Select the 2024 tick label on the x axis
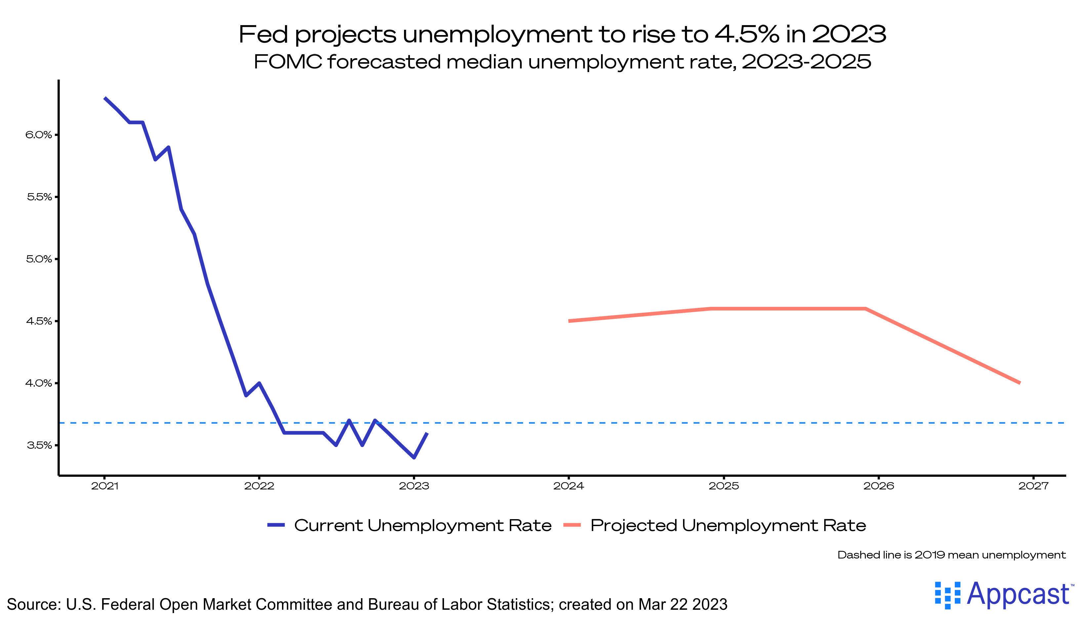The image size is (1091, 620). (x=568, y=486)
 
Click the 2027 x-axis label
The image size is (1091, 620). (x=1033, y=486)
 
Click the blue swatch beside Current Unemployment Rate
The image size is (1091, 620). (x=275, y=525)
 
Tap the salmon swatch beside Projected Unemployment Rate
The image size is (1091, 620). (x=572, y=525)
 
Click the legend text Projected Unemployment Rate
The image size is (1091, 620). (x=728, y=525)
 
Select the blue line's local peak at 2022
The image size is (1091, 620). (x=259, y=383)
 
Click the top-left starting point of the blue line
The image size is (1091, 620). (x=105, y=98)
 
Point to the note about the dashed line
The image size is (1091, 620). (x=951, y=555)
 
